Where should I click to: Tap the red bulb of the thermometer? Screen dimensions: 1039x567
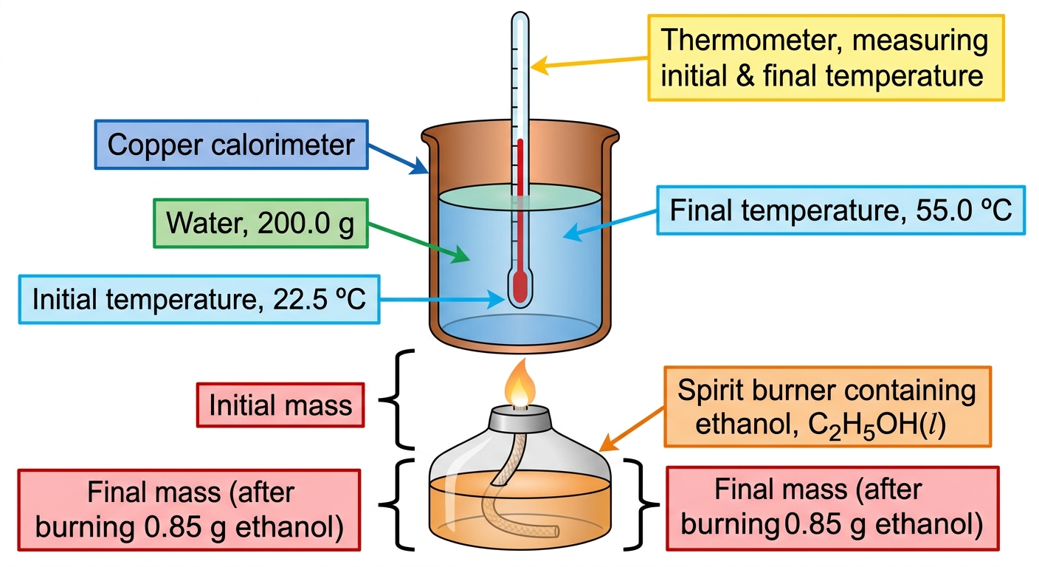pos(520,288)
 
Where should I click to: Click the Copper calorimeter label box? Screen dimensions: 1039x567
pos(232,145)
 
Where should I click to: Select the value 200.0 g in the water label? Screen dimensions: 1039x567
pos(306,224)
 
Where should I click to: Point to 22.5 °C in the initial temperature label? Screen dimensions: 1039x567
pos(319,299)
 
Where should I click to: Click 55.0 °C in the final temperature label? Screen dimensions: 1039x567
pos(964,210)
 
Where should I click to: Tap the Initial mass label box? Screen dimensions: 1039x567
pos(280,405)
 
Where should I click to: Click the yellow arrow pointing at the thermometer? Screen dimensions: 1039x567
pos(589,63)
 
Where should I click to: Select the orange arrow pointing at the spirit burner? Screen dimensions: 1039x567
pos(632,429)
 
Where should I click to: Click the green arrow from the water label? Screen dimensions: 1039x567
pos(419,243)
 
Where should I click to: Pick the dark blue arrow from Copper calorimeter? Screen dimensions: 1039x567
pos(398,159)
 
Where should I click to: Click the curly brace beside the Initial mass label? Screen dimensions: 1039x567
pos(396,399)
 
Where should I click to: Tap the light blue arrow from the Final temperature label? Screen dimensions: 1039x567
pos(610,225)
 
